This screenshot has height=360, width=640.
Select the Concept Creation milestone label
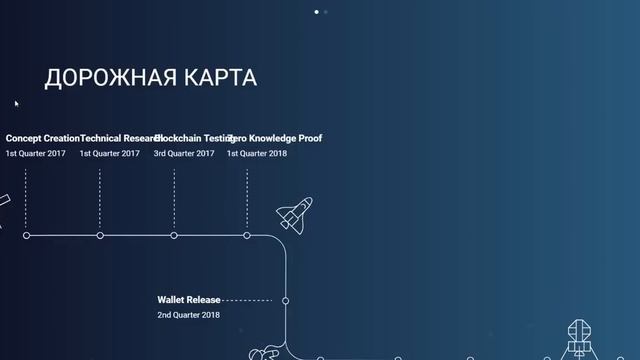click(x=42, y=138)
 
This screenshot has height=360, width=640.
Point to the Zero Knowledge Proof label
click(x=277, y=138)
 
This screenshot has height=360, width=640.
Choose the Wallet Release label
click(x=189, y=299)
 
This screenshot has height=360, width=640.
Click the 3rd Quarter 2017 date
click(x=184, y=154)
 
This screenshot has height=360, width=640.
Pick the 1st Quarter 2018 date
click(x=257, y=154)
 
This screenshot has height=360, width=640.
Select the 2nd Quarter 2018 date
click(x=188, y=315)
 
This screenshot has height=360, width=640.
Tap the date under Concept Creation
click(x=36, y=154)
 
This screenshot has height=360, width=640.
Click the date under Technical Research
click(x=110, y=154)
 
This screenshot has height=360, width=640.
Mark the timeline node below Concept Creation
click(x=26, y=235)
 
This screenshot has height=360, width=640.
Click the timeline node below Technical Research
click(x=100, y=235)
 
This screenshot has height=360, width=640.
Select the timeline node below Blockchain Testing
click(x=174, y=235)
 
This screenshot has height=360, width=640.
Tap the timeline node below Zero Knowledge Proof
click(x=247, y=235)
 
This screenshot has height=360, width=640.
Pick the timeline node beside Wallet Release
click(x=285, y=300)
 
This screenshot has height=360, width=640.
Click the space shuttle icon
click(x=294, y=214)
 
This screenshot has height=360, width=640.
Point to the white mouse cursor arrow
click(x=16, y=102)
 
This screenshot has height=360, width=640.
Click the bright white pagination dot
click(x=317, y=12)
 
